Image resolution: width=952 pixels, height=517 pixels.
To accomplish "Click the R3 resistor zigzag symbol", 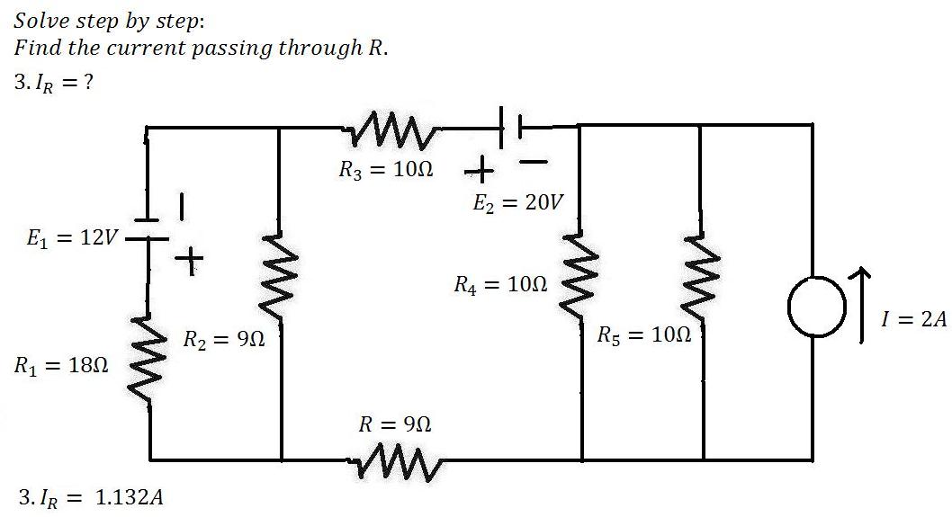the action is point(392,129).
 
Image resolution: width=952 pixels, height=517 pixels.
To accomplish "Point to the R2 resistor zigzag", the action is point(279,275).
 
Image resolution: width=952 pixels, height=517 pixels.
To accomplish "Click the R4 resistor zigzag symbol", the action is point(580,274).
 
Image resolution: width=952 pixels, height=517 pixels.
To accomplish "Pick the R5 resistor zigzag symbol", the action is point(701,275).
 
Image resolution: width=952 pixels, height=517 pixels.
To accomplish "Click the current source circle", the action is point(816,307).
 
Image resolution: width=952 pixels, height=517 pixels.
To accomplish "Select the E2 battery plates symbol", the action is point(511,128).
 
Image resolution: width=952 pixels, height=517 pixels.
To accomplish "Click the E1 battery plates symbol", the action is point(147,228).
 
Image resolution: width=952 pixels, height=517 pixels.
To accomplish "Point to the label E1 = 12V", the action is point(71,238).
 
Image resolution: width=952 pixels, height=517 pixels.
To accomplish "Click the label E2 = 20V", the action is point(518,202).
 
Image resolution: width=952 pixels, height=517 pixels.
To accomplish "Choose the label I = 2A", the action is point(913,318).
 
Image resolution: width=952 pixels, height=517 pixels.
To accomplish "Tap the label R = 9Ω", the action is point(395,424).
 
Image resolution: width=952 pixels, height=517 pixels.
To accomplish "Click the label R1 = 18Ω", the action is point(60,365).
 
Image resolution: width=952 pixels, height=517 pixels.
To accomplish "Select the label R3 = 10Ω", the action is point(385,169).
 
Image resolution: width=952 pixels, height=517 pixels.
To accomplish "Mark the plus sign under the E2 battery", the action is point(480,170).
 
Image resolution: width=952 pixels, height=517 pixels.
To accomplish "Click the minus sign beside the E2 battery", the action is point(533,162).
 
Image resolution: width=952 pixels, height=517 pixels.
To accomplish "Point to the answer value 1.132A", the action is point(130,497).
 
